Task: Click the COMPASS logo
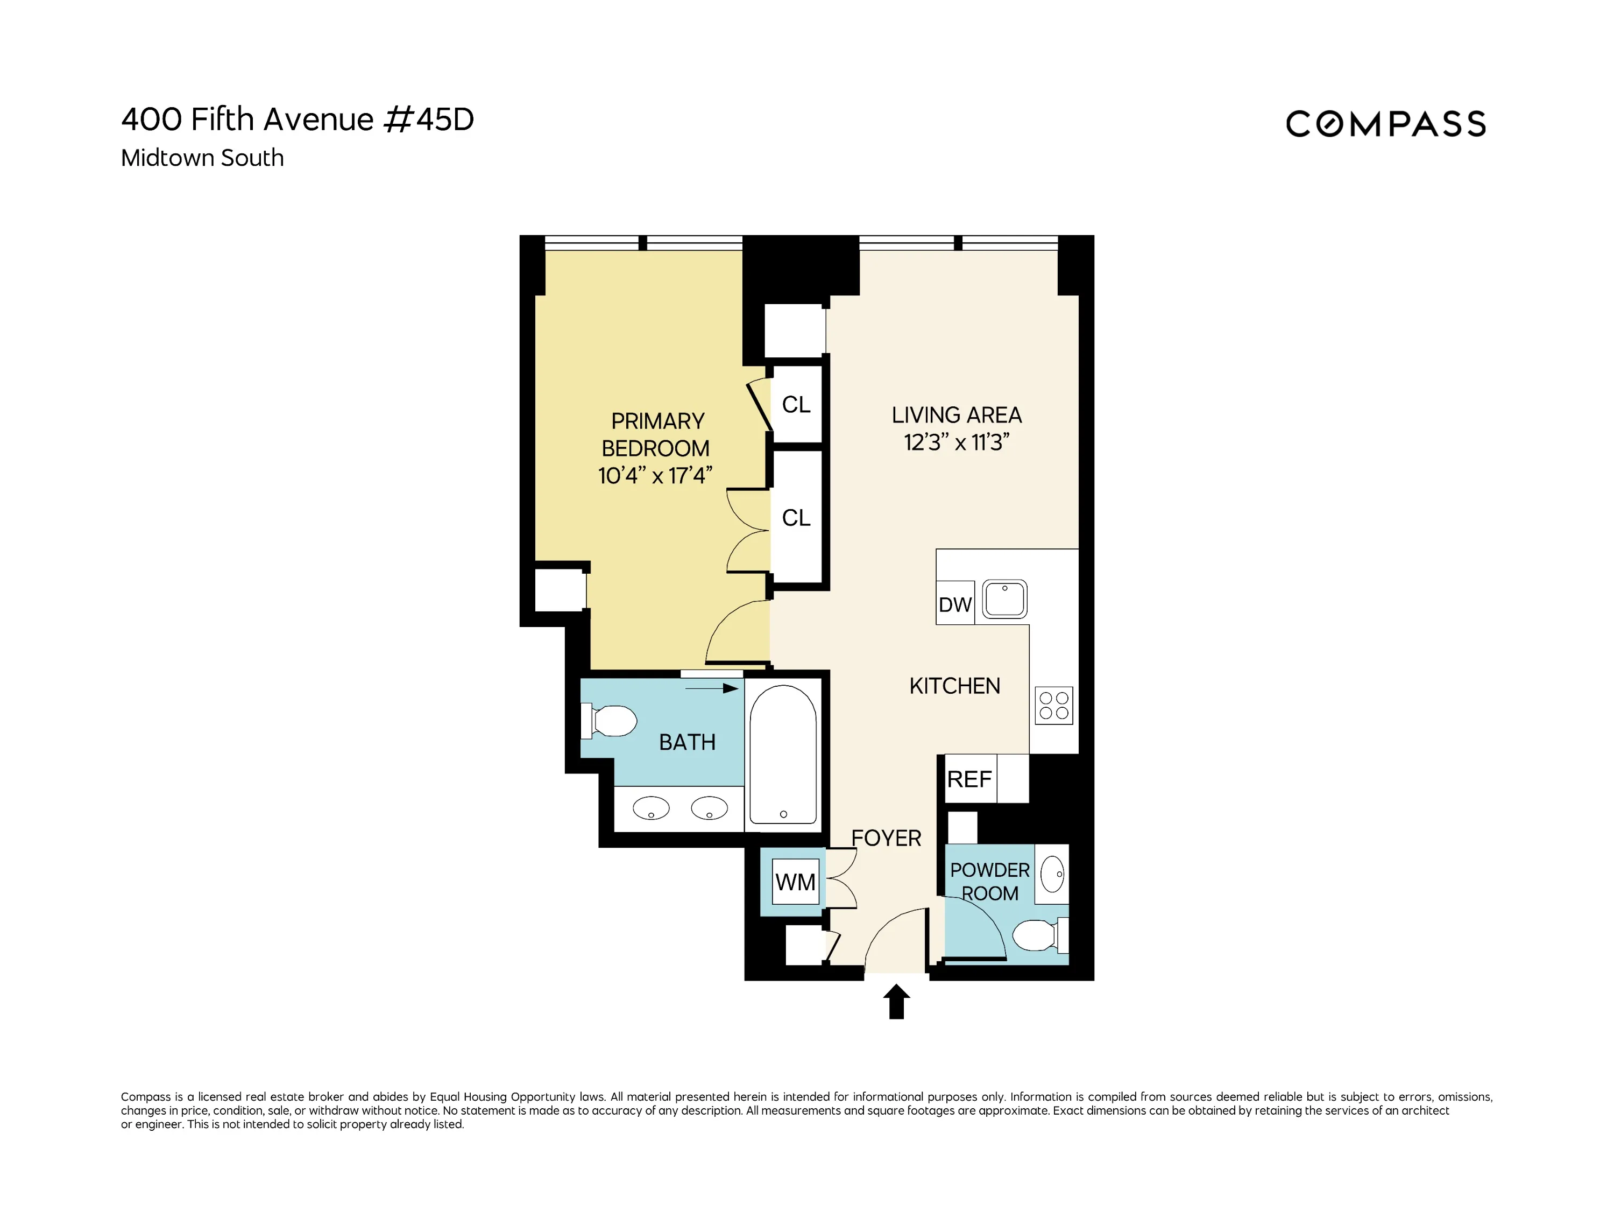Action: coord(1385,124)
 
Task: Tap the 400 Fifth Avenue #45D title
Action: coord(297,119)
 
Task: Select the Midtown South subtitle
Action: coord(202,158)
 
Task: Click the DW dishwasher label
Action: coord(954,604)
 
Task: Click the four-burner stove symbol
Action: coord(1053,705)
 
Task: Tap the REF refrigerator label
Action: coord(969,779)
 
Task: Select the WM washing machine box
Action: coord(795,882)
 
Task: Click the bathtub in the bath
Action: coord(782,754)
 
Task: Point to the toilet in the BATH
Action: coord(612,721)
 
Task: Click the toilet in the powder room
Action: coord(1036,935)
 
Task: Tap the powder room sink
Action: coord(1051,874)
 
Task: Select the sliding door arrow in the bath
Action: coord(711,688)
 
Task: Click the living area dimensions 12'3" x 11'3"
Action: coord(956,442)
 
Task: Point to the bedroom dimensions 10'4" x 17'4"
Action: coord(655,476)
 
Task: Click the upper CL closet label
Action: coord(796,404)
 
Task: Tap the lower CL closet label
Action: coord(796,518)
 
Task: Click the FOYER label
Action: coord(886,838)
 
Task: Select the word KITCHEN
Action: coord(954,686)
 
